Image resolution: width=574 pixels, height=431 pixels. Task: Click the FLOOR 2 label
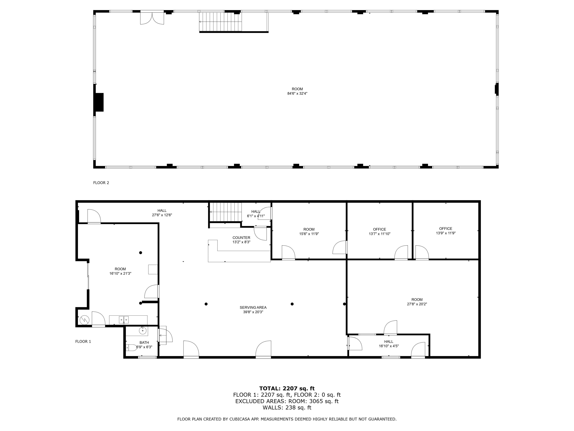coord(101,183)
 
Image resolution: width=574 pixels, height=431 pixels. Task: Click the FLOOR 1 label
coord(83,341)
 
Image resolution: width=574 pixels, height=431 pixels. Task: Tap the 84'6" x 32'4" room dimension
coord(297,93)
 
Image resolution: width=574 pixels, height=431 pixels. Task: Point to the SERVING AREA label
coord(253,307)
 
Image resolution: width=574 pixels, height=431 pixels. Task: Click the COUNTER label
coord(241,238)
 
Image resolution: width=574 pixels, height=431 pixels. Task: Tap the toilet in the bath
coord(132,347)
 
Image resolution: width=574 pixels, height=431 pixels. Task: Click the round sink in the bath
coord(143,331)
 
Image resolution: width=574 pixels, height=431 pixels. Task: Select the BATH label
coord(144,343)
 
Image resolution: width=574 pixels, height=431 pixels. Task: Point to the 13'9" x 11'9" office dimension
coord(446,233)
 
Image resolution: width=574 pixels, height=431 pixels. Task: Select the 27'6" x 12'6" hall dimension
coord(162,215)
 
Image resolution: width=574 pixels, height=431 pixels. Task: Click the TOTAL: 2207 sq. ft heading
coord(287,388)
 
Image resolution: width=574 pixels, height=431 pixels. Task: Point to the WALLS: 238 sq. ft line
coord(287,407)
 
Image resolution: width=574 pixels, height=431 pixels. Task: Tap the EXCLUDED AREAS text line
coord(287,401)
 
